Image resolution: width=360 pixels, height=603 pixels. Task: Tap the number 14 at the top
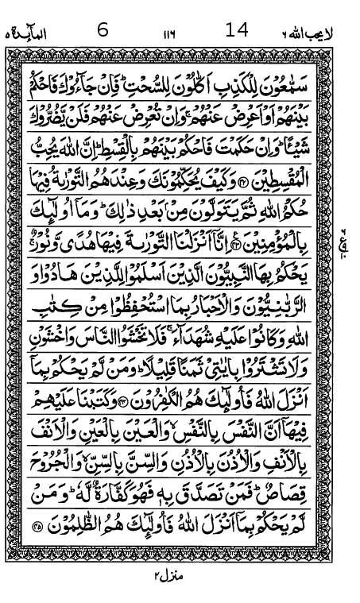[237, 29]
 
